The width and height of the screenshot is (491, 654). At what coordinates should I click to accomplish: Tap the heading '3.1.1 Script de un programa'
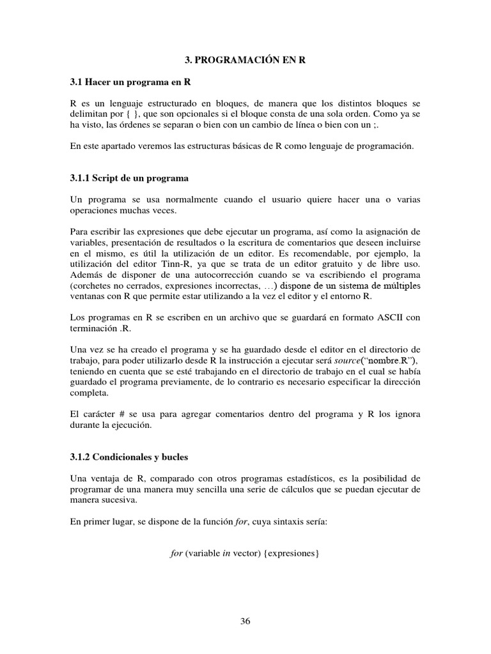coord(129,178)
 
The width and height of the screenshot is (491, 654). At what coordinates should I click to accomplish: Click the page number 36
coord(245,622)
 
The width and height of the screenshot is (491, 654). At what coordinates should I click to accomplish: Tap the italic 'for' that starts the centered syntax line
coord(176,553)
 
